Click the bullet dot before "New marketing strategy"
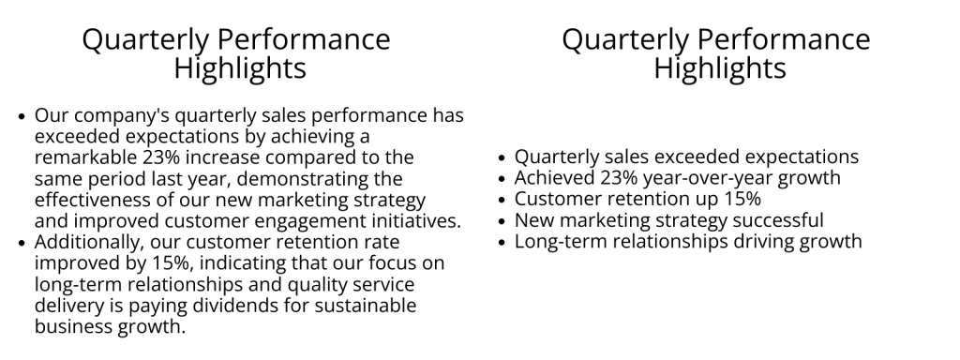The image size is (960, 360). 503,221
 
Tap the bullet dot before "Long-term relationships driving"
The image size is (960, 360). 503,243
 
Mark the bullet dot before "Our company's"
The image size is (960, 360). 23,116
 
